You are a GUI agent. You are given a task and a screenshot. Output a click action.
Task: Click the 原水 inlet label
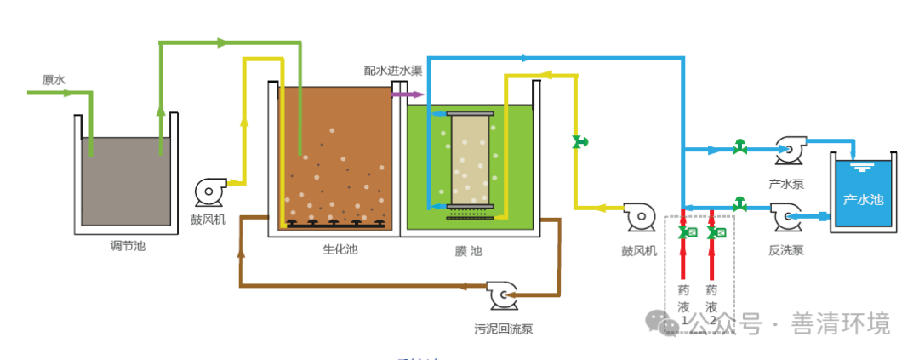point(54,80)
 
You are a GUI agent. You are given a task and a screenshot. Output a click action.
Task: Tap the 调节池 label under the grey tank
point(128,245)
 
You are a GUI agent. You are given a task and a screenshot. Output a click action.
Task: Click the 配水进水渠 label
point(393,71)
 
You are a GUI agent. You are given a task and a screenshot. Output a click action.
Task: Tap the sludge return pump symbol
point(501,294)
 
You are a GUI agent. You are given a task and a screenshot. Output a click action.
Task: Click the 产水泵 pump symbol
point(787,151)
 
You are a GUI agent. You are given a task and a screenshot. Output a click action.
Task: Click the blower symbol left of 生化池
point(209,191)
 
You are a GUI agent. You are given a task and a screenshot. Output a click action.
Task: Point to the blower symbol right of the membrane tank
point(638,217)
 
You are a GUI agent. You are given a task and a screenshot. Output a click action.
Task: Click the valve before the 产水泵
point(739,148)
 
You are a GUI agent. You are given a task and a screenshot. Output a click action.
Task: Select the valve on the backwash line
point(739,205)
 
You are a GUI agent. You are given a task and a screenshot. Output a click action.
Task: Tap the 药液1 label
point(683,303)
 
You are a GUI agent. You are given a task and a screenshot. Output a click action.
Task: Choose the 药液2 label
point(711,303)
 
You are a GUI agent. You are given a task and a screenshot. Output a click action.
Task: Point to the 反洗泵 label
point(786,250)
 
